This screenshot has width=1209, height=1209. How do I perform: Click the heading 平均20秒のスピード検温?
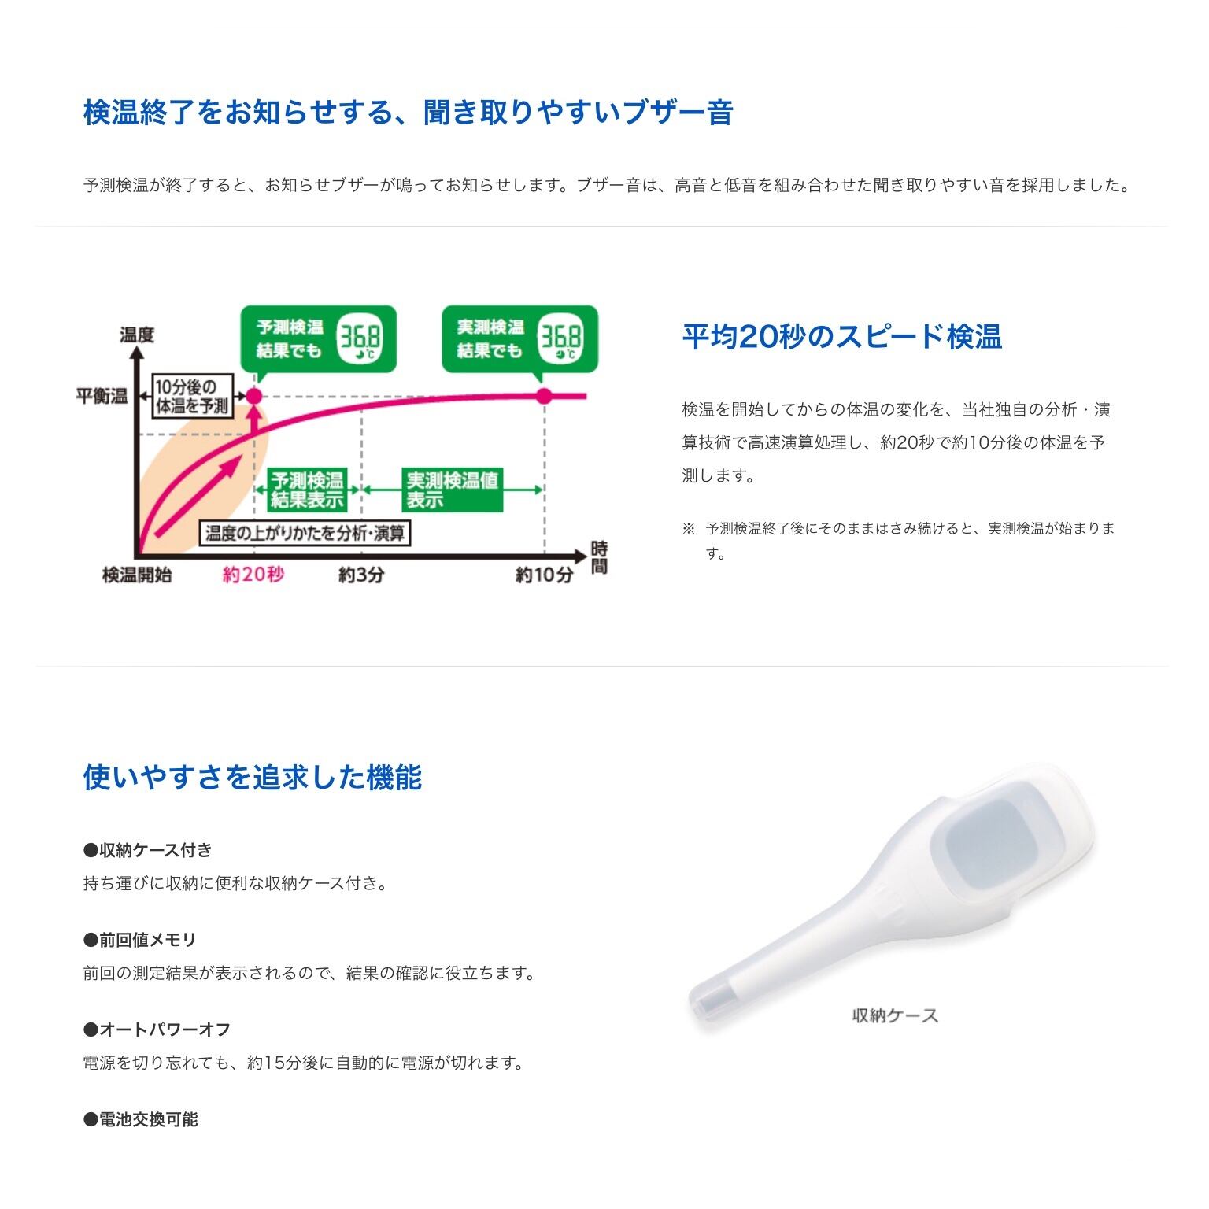tap(841, 337)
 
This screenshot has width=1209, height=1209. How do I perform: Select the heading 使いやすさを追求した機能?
tap(253, 778)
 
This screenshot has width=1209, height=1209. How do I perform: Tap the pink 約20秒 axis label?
tap(253, 575)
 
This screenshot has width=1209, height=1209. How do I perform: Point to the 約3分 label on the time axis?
tap(361, 575)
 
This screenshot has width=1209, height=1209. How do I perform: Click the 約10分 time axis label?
tap(545, 575)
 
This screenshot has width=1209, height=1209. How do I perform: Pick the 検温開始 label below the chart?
tap(137, 575)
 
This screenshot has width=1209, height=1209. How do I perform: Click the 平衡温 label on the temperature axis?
tap(102, 396)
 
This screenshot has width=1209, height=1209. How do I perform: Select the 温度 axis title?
tap(137, 335)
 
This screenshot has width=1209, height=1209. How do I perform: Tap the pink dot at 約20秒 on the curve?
tap(253, 396)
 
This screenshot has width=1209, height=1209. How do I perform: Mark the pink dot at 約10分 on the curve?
tap(544, 395)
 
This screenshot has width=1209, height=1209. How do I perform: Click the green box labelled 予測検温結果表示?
tap(307, 490)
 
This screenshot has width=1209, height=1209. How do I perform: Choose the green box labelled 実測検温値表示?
tap(452, 490)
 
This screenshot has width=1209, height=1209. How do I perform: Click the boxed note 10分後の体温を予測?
tap(192, 396)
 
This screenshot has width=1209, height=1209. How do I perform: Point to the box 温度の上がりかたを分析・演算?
tap(305, 534)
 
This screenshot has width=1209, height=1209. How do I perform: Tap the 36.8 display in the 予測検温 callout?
tap(360, 339)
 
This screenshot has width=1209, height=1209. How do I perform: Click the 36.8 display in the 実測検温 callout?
tap(560, 339)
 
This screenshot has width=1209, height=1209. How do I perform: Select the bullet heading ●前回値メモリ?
tap(140, 940)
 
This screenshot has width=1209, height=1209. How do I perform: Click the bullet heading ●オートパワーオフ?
tap(157, 1030)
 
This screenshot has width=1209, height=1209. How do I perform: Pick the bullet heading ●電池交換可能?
tap(142, 1119)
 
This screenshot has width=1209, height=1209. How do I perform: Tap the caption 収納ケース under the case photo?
tap(896, 1015)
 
